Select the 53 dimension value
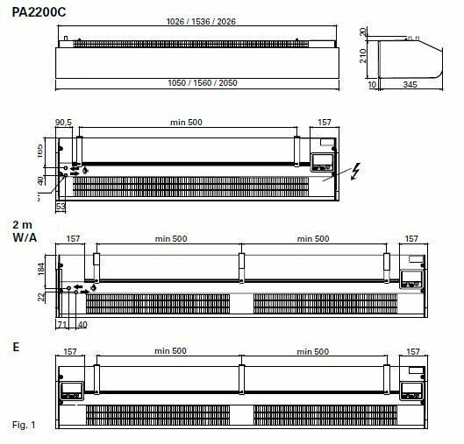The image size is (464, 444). coord(61,208)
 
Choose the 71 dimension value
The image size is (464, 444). coord(62,324)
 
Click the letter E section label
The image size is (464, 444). coord(16,347)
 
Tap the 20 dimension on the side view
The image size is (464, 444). coord(363,32)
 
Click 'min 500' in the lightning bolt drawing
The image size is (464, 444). coord(184,122)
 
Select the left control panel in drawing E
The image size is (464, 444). coord(73,390)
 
